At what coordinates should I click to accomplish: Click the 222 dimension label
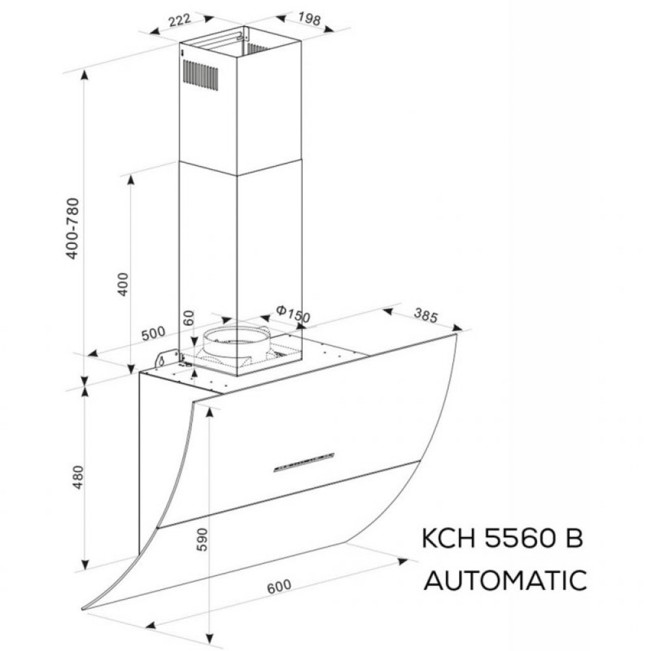click(x=178, y=20)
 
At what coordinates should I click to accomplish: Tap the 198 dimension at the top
click(x=309, y=19)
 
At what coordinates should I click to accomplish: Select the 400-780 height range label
click(x=73, y=228)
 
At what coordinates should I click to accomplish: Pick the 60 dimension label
click(x=189, y=319)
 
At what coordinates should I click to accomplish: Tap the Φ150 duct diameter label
click(x=292, y=314)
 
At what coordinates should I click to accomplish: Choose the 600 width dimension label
click(x=279, y=586)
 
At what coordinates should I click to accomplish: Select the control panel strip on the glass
click(x=303, y=462)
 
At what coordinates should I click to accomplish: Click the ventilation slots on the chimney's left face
click(x=200, y=74)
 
